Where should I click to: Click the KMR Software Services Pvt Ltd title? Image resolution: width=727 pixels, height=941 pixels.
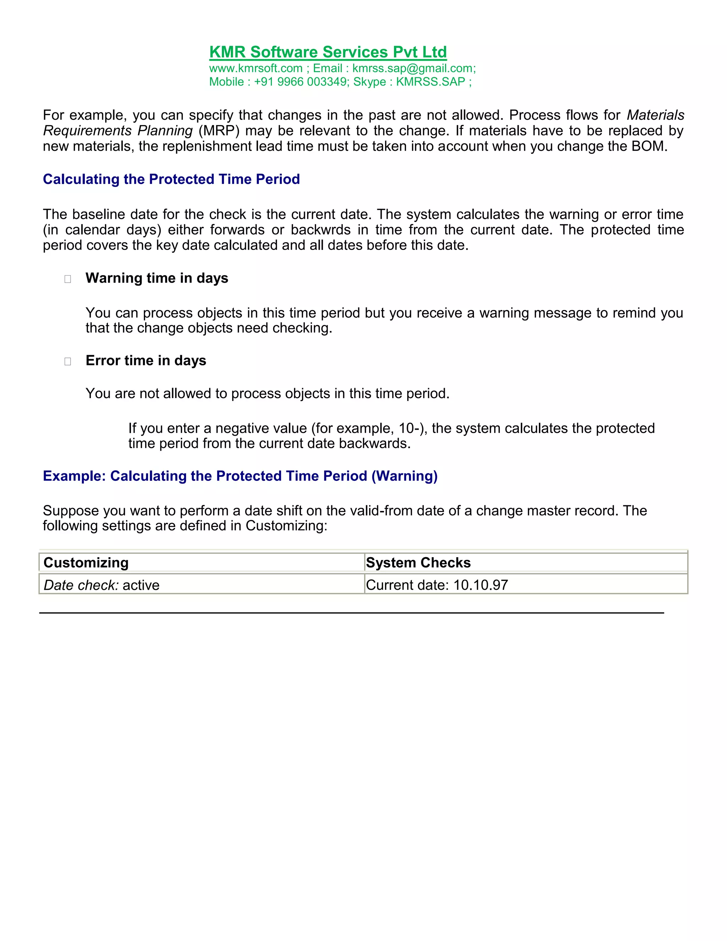click(328, 52)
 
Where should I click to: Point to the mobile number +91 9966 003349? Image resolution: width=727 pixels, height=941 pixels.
click(301, 82)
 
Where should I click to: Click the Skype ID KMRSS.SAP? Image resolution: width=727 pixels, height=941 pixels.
click(430, 82)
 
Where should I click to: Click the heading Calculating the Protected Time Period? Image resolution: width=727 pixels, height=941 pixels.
click(171, 179)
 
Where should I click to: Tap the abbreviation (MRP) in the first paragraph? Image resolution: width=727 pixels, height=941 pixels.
click(218, 131)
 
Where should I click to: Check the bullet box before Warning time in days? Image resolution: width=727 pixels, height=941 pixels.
click(67, 279)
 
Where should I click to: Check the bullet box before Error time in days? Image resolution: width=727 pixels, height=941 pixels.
click(67, 361)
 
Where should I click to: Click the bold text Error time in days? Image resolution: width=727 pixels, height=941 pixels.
click(146, 361)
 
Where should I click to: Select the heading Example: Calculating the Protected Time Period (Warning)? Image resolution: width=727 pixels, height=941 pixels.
click(240, 476)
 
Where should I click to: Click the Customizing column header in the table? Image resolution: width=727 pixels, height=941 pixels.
click(86, 563)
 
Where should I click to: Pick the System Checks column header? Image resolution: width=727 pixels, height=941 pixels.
click(418, 563)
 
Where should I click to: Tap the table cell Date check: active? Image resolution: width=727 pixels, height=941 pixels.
click(102, 585)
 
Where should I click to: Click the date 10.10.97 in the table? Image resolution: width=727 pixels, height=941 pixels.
click(480, 585)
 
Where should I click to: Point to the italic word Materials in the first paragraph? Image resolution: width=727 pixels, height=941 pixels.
click(655, 115)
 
